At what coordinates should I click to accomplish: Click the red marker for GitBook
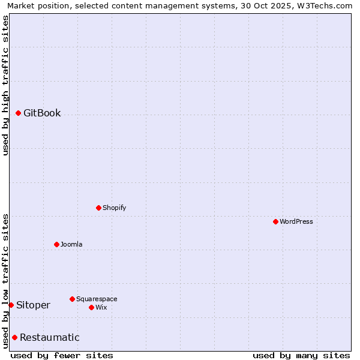click(18, 113)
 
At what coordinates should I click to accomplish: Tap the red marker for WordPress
click(275, 221)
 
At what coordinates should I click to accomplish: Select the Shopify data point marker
click(98, 208)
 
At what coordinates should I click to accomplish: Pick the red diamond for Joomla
click(56, 244)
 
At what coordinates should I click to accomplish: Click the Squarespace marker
click(72, 299)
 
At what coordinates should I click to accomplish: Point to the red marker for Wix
click(91, 307)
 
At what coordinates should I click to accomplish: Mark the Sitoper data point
click(11, 305)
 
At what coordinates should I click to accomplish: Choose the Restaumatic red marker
click(14, 337)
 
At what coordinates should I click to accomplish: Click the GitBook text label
click(42, 113)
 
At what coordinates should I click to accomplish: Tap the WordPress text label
click(296, 221)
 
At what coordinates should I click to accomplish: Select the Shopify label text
click(114, 208)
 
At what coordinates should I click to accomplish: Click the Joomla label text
click(71, 244)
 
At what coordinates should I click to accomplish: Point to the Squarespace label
click(97, 299)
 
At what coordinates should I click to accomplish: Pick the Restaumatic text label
click(50, 337)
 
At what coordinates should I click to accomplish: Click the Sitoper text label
click(34, 305)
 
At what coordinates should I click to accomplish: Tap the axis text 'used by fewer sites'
click(62, 355)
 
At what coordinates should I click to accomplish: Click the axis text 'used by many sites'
click(301, 355)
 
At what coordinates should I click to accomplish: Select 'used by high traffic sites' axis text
click(5, 85)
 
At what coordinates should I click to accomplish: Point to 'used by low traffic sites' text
click(5, 281)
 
